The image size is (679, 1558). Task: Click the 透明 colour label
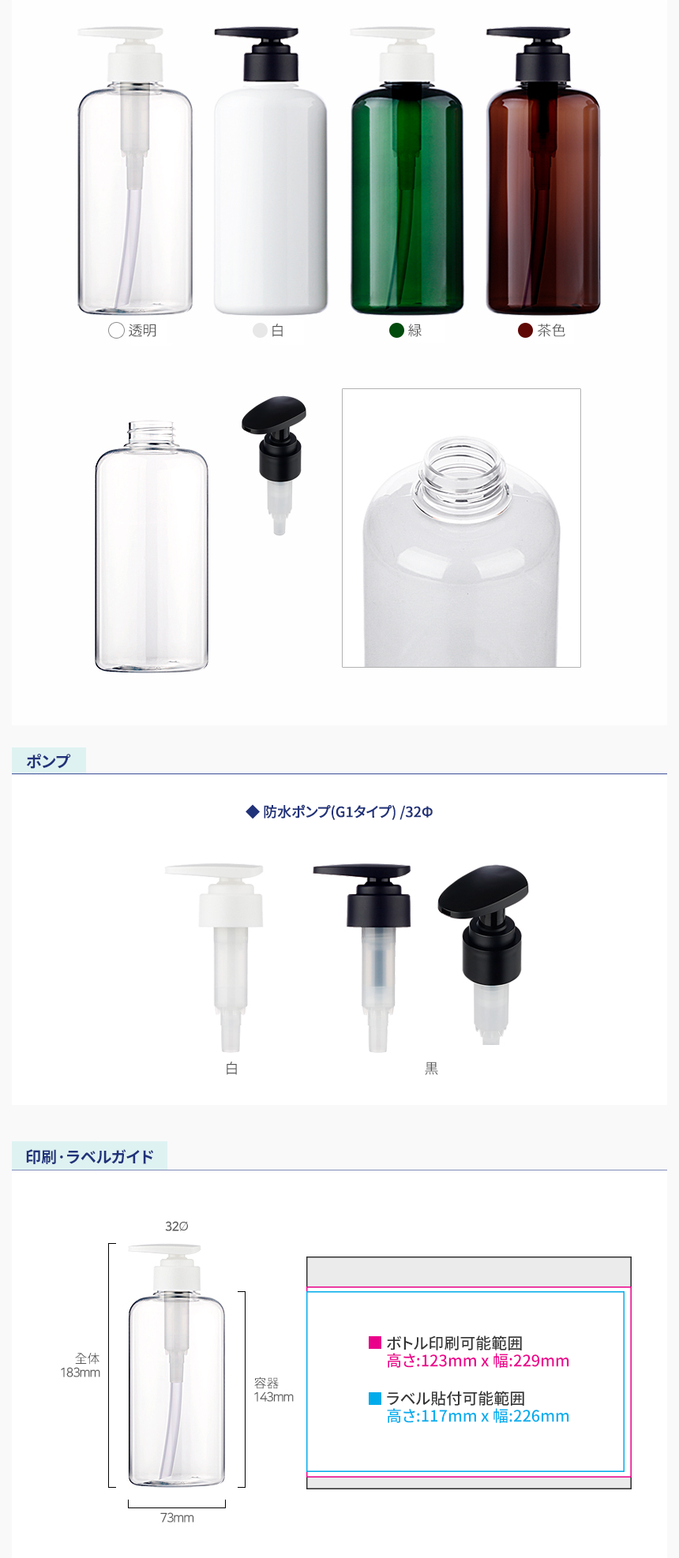(x=143, y=331)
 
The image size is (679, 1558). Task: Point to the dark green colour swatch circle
(x=397, y=331)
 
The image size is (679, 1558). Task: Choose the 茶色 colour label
(x=551, y=331)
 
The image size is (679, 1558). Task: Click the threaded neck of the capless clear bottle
(x=151, y=434)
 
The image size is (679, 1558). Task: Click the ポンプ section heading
(x=48, y=761)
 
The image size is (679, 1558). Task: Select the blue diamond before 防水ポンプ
(x=253, y=811)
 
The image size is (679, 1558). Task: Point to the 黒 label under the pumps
(x=431, y=1069)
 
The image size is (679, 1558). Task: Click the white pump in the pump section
(x=214, y=957)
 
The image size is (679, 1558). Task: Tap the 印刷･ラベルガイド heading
(x=89, y=1157)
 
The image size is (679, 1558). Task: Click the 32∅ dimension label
(x=177, y=1226)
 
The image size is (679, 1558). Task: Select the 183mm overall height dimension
(x=81, y=1373)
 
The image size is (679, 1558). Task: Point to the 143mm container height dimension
(x=273, y=1397)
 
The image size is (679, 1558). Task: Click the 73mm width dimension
(x=177, y=1518)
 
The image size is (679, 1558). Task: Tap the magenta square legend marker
(x=375, y=1343)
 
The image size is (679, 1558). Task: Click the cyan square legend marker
(x=375, y=1399)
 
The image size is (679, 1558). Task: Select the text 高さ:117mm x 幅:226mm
(x=478, y=1416)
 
